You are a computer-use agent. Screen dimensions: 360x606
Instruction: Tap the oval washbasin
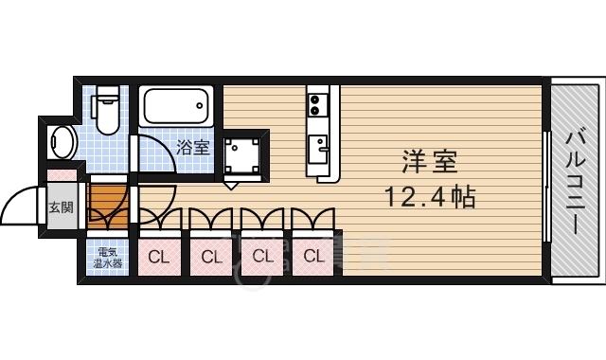pyautogui.click(x=63, y=142)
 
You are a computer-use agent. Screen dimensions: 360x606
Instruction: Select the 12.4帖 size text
pyautogui.click(x=429, y=198)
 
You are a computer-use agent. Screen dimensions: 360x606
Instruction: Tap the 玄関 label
pyautogui.click(x=61, y=207)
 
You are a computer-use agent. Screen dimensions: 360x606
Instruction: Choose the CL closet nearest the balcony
pyautogui.click(x=313, y=255)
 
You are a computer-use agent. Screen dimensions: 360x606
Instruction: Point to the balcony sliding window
pyautogui.click(x=547, y=185)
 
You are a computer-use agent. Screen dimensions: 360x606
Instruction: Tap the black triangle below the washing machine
pyautogui.click(x=233, y=177)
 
